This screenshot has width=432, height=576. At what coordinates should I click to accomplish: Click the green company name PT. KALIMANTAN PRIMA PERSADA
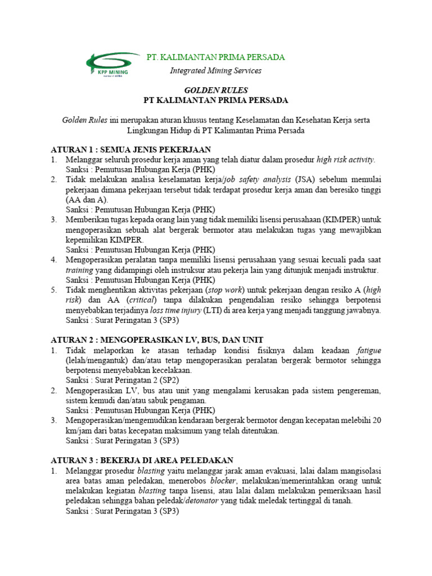[x=215, y=57]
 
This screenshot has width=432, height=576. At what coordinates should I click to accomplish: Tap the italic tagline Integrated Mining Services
[x=215, y=71]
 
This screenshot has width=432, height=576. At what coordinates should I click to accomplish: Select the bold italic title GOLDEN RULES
[x=216, y=90]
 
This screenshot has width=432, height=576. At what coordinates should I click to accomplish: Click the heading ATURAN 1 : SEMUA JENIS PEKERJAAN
[x=130, y=150]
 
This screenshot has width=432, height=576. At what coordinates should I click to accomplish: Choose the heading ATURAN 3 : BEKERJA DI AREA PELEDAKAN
[x=142, y=460]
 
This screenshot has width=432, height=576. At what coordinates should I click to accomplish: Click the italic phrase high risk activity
[x=345, y=160]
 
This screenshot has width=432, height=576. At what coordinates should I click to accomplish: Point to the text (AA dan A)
[x=87, y=200]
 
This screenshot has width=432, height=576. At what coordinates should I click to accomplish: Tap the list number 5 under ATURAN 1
[x=54, y=290]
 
